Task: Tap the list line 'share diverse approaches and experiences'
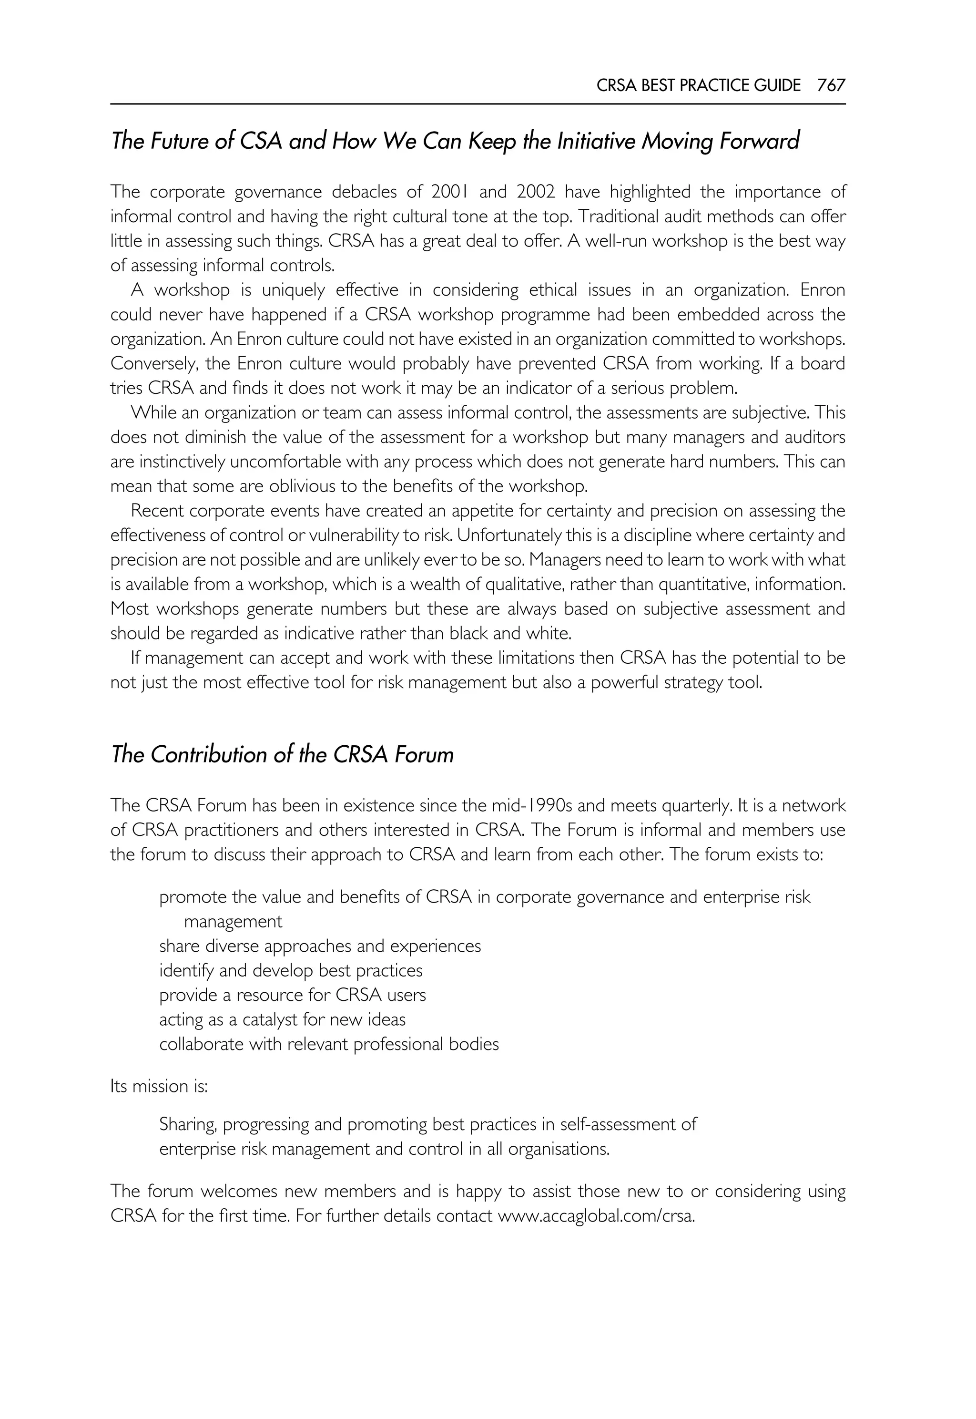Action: coord(320,946)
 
